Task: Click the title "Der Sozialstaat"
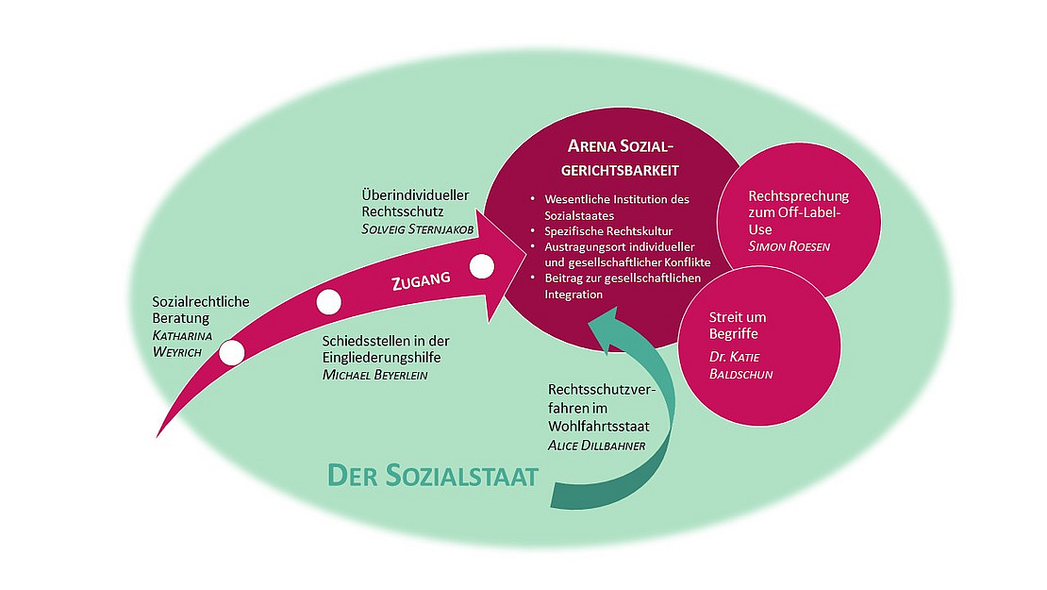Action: [x=432, y=475]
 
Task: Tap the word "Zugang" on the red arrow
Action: [x=420, y=280]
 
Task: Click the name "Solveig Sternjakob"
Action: [x=417, y=229]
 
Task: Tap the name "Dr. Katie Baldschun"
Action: [x=742, y=365]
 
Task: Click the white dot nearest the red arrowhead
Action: [x=481, y=266]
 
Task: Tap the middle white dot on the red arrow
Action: [x=327, y=302]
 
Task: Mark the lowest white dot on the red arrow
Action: [x=231, y=353]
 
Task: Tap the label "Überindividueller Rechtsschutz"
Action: [x=415, y=204]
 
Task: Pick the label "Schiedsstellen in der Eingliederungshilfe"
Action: [x=382, y=349]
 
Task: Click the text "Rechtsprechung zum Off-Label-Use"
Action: [x=797, y=212]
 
